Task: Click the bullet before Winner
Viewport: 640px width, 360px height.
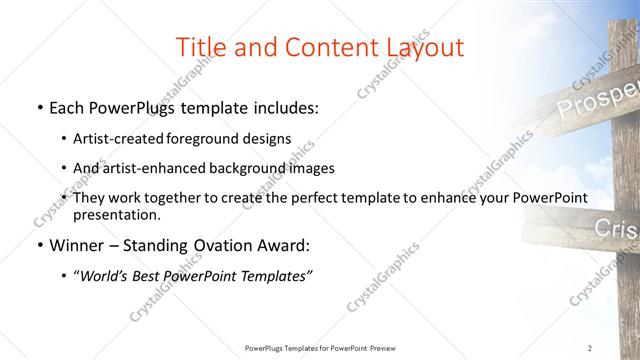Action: click(x=38, y=245)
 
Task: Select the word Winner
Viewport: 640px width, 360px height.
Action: click(x=77, y=245)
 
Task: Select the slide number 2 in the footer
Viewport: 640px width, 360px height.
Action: click(x=590, y=348)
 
